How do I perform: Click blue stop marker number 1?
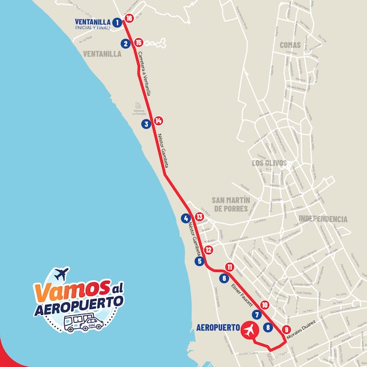tap(117, 22)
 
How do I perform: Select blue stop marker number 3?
tap(146, 124)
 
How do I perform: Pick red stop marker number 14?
tap(158, 121)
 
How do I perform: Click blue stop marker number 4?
tap(186, 218)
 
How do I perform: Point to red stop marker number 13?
tap(199, 217)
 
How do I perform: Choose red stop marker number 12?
tap(208, 250)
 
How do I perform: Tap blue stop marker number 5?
tap(199, 261)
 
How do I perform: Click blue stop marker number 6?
tap(223, 278)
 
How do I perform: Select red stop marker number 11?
tap(229, 267)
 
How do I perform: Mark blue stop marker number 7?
tap(257, 315)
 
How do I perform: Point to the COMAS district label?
tap(290, 44)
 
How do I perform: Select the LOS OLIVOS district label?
tap(269, 163)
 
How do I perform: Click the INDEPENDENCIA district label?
tap(323, 219)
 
